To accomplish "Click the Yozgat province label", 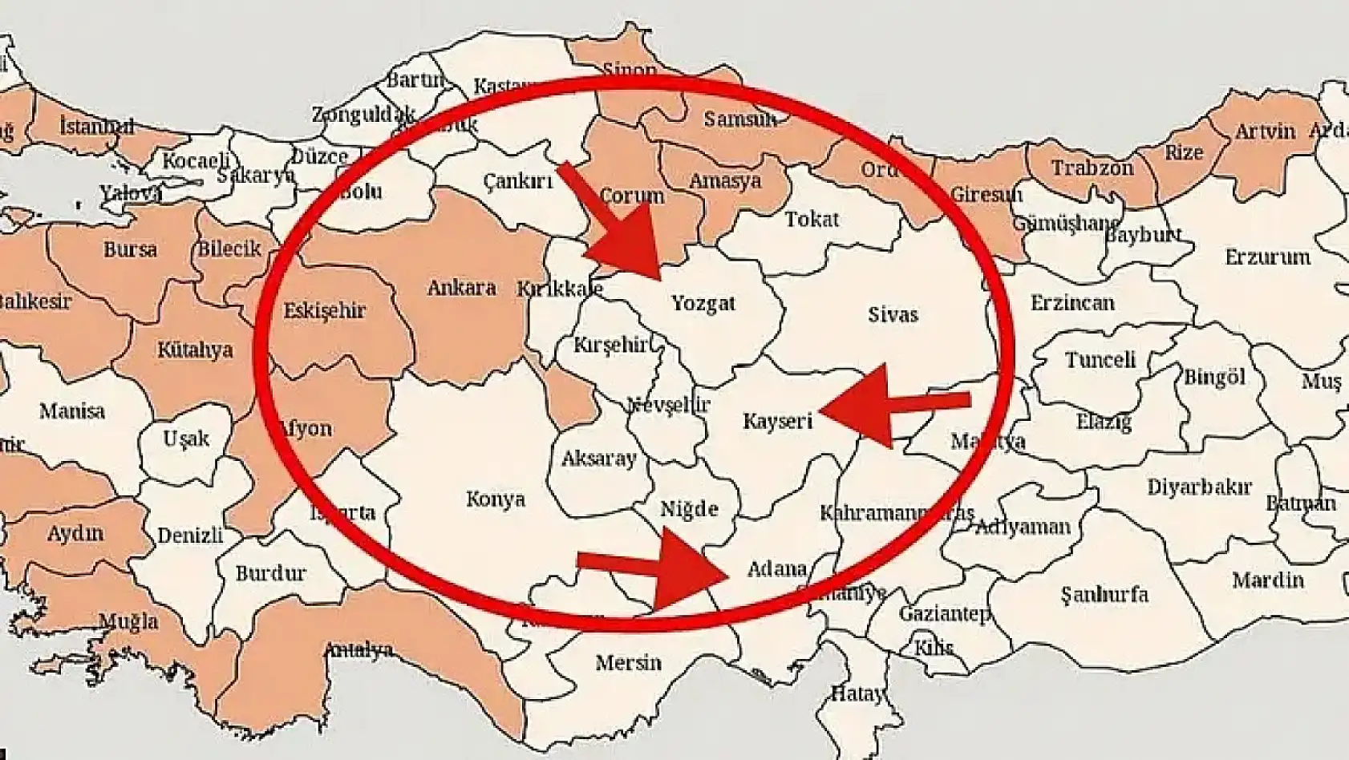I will [x=703, y=304].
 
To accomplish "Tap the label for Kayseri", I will [x=777, y=421].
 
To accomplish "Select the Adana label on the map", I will [x=776, y=569].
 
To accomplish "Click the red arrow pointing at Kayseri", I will [x=890, y=406].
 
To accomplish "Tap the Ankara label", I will [x=461, y=288].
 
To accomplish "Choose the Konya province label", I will [x=496, y=499].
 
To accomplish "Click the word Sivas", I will [x=892, y=314].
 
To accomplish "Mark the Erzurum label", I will [x=1267, y=257].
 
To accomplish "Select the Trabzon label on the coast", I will [x=1092, y=168].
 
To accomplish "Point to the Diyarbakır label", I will [x=1199, y=487].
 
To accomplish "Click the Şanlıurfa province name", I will [x=1104, y=594].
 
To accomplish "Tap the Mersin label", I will [x=628, y=663].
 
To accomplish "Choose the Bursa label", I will [x=130, y=249].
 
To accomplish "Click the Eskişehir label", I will [x=325, y=310].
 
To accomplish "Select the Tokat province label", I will [x=812, y=219].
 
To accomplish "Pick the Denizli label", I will [x=190, y=535].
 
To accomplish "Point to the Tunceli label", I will [x=1100, y=359].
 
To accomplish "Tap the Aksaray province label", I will [x=598, y=459].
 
